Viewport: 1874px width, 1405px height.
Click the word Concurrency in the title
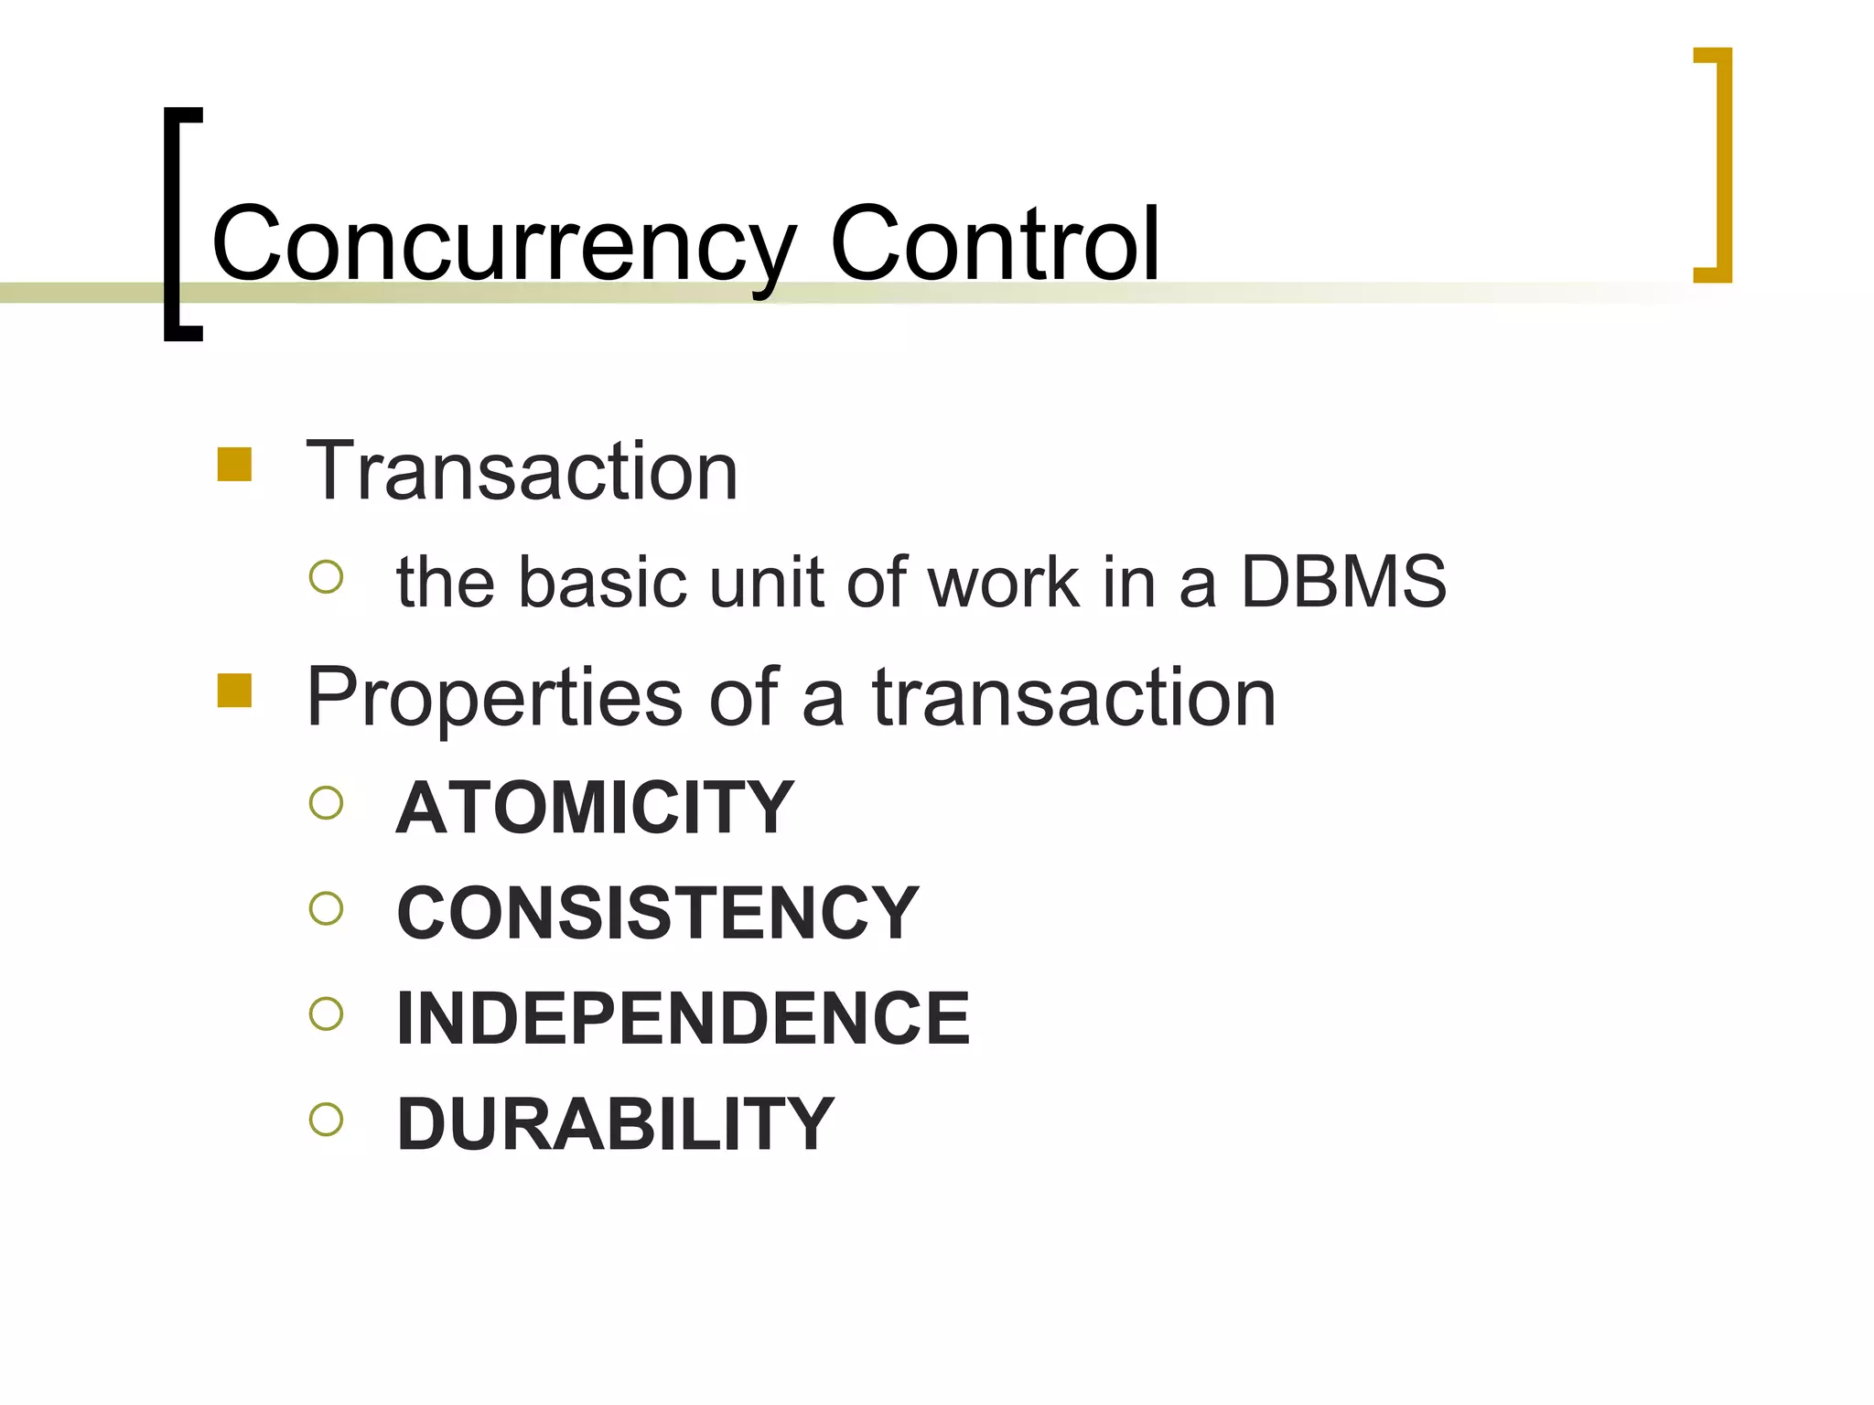point(503,245)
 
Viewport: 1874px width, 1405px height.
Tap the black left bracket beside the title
point(174,224)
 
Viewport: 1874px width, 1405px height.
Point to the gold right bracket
point(1720,165)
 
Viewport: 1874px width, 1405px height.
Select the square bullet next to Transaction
point(234,464)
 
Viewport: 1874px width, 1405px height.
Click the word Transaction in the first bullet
point(522,472)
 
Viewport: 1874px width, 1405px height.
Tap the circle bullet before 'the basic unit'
point(326,577)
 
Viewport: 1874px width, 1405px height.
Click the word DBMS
point(1342,582)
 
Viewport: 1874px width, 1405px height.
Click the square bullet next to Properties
point(234,691)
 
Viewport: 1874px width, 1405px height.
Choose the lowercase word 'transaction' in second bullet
point(1073,698)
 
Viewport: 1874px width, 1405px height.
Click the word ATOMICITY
point(595,808)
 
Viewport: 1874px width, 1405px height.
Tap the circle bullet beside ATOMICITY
point(326,803)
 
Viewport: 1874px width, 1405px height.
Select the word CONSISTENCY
point(657,913)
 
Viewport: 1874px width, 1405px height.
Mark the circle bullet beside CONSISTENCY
point(326,908)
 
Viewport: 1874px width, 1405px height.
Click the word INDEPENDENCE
point(683,1018)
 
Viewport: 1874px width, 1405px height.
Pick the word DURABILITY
point(615,1124)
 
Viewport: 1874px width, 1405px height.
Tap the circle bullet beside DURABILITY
point(326,1119)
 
